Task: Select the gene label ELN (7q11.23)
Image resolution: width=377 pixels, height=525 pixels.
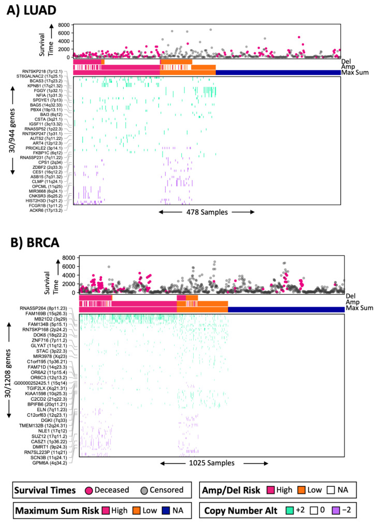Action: click(58, 401)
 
